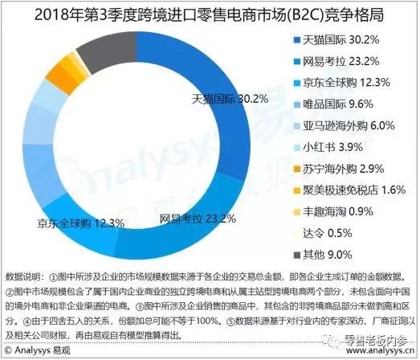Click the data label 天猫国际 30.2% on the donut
pyautogui.click(x=229, y=99)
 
